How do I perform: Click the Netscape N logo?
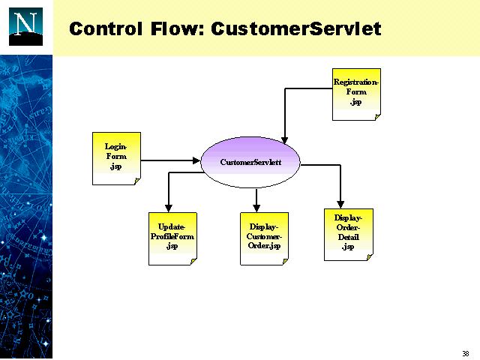point(26,26)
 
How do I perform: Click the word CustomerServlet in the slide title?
point(296,29)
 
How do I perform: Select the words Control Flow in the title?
point(136,29)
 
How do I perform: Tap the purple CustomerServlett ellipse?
point(250,162)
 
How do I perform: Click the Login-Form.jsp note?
point(116,157)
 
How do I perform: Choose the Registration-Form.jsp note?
point(356,93)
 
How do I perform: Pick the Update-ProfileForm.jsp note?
point(172,238)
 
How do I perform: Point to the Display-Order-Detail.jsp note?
point(348,234)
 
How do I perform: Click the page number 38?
point(466,353)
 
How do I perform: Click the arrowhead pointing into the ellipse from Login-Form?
point(197,160)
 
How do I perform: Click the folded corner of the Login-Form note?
point(136,181)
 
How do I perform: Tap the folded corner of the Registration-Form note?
point(376,116)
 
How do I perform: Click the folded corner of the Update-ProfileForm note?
point(193,261)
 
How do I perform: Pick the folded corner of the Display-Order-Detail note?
point(368,256)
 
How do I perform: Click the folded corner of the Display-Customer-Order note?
point(284,261)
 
